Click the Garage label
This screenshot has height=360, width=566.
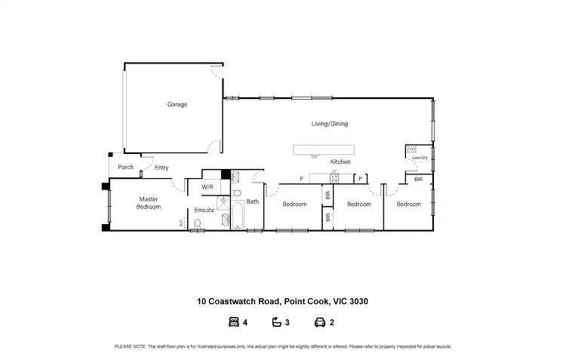(177, 104)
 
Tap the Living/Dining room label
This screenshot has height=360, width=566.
(330, 124)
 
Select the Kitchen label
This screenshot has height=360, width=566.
(340, 162)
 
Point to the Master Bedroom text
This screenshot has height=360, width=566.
(149, 202)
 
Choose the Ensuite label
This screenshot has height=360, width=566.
(205, 210)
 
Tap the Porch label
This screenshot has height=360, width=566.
(126, 168)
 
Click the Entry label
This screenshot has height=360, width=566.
(161, 168)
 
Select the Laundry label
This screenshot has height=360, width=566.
(420, 158)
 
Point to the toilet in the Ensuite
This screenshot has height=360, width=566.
(197, 223)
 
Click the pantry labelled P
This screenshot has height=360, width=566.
(361, 179)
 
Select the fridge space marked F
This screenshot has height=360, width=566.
(301, 179)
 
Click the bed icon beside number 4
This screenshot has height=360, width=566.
(232, 322)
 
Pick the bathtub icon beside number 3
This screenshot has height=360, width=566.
(276, 322)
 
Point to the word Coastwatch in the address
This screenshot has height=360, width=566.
(232, 301)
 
